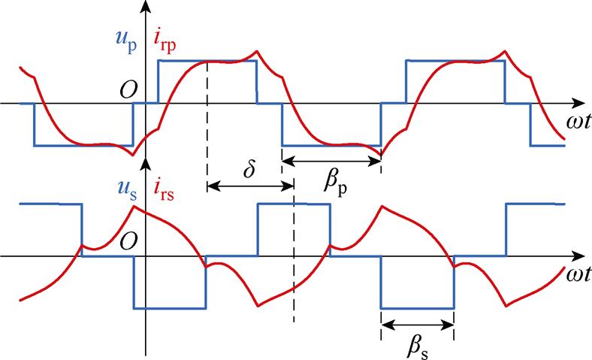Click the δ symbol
coord(249,169)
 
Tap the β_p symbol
coord(337,183)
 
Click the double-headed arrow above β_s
coord(418,325)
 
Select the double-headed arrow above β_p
coord(331,159)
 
